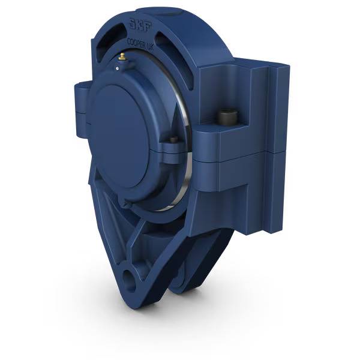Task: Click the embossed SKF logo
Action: (140, 25)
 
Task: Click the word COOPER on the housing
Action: (137, 43)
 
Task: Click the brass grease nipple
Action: (122, 57)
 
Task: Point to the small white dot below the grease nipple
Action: (118, 68)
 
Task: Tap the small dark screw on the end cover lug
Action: (173, 140)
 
